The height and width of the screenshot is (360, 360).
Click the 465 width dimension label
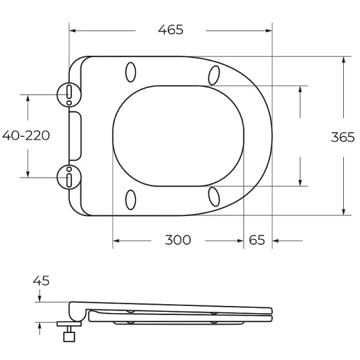[170, 29]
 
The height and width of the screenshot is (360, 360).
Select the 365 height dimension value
[343, 136]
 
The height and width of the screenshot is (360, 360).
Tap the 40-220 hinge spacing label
[26, 135]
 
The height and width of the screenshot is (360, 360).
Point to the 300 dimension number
[178, 240]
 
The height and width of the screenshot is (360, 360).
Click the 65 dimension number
[256, 240]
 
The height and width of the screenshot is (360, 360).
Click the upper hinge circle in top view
[69, 93]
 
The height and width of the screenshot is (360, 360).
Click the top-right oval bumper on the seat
[214, 74]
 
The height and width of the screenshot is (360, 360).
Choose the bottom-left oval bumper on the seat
[131, 199]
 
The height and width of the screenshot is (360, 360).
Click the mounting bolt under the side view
[70, 331]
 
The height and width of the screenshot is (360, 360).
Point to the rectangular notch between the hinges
[76, 135]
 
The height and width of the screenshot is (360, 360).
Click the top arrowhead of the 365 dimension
[344, 60]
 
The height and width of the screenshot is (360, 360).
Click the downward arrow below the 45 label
[40, 298]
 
